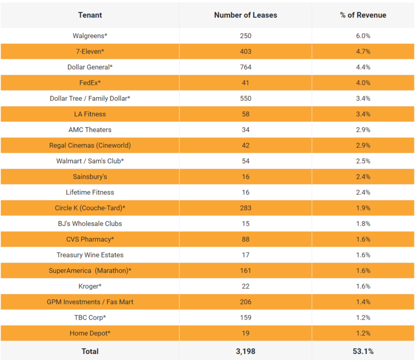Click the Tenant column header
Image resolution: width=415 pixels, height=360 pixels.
point(90,15)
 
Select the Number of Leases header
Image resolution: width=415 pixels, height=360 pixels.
point(245,15)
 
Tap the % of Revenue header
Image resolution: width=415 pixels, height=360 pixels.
point(362,15)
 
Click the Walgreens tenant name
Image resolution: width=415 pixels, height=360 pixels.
point(90,36)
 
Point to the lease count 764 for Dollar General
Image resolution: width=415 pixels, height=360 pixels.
point(245,67)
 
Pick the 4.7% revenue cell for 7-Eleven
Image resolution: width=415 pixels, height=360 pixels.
point(362,52)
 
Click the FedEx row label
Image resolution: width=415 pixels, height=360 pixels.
point(90,83)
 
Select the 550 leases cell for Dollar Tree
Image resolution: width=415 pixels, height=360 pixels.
point(245,98)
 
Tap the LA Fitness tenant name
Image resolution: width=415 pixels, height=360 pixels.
point(90,114)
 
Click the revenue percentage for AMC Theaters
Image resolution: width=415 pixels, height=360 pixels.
point(362,130)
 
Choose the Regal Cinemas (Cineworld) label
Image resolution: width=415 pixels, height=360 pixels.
point(90,145)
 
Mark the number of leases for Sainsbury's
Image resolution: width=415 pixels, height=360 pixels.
point(245,177)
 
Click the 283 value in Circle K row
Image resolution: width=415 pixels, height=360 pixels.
point(245,208)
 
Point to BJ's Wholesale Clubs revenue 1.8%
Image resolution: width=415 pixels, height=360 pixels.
point(362,223)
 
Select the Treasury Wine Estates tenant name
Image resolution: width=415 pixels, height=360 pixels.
point(90,255)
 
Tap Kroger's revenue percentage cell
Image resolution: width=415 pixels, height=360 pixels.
point(362,286)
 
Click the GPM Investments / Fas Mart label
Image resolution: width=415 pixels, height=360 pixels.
point(90,302)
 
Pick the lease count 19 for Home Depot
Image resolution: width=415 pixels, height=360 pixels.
point(245,333)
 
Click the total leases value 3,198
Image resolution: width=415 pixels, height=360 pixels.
point(245,351)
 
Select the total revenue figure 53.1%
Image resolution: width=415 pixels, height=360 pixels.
point(362,351)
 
